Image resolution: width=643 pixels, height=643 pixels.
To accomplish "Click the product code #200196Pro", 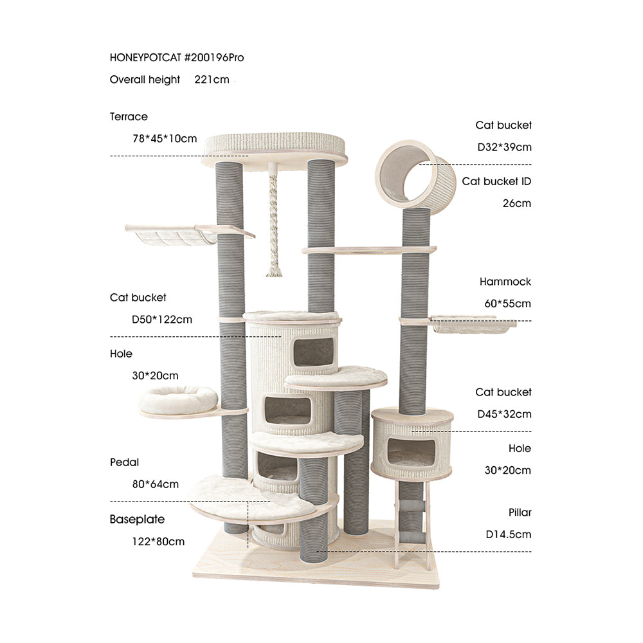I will (214, 57).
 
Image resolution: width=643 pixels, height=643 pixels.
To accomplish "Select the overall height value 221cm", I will (212, 80).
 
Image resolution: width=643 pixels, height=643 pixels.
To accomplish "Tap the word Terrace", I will (129, 116).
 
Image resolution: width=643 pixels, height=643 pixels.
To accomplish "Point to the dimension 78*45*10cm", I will (165, 138).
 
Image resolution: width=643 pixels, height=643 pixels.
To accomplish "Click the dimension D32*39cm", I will (504, 147).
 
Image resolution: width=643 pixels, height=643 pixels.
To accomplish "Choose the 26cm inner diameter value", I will (517, 203).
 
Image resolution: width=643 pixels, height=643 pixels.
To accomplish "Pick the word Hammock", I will (505, 282).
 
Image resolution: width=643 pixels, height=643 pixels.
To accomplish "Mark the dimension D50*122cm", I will (161, 319).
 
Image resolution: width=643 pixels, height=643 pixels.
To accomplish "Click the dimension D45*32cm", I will (503, 413).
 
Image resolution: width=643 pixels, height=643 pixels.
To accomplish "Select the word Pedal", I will (124, 462).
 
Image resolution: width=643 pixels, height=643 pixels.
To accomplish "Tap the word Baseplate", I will (137, 519).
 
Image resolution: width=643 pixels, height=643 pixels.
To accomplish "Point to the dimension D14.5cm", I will (508, 534).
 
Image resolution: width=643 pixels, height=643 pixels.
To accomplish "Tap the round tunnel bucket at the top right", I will (415, 174).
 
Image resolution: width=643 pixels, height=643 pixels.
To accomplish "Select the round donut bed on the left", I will (178, 399).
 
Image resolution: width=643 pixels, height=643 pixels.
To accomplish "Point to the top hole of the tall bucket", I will (314, 352).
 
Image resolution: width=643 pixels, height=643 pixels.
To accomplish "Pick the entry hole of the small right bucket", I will (411, 452).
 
